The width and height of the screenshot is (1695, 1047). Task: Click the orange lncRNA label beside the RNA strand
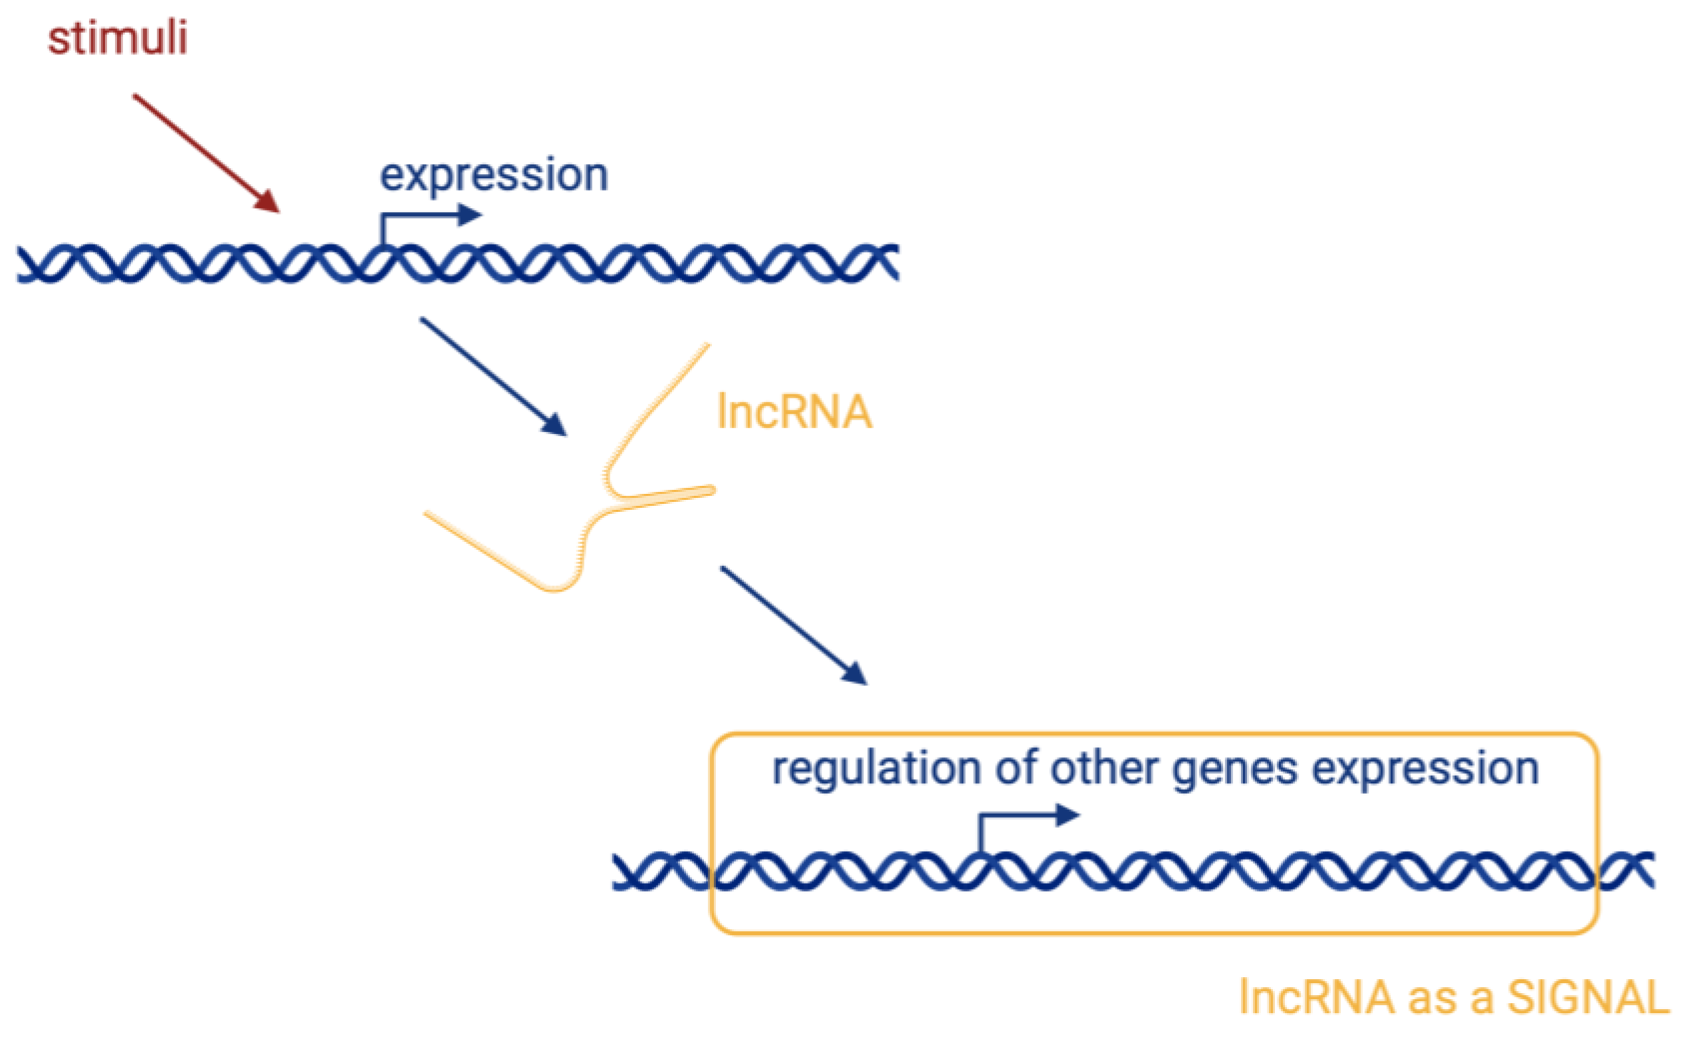(794, 412)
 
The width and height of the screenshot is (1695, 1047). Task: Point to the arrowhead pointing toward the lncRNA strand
(556, 426)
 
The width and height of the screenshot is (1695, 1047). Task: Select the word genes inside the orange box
(1234, 770)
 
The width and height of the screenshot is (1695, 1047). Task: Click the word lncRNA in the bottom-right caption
(1315, 998)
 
